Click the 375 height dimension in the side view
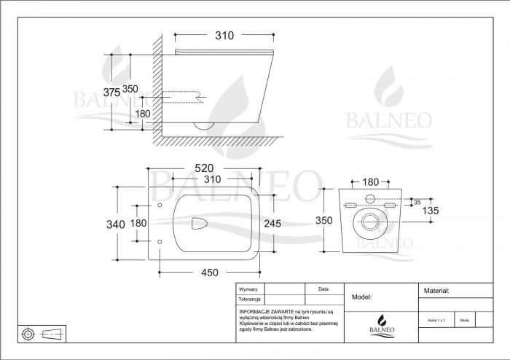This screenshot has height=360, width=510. tap(111, 93)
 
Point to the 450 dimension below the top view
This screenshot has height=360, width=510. tap(210, 273)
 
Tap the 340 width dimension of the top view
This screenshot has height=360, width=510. tap(116, 224)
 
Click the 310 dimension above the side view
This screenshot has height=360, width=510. tap(224, 34)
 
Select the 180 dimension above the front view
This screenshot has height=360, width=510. tap(370, 181)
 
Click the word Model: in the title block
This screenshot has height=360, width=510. tap(362, 297)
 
